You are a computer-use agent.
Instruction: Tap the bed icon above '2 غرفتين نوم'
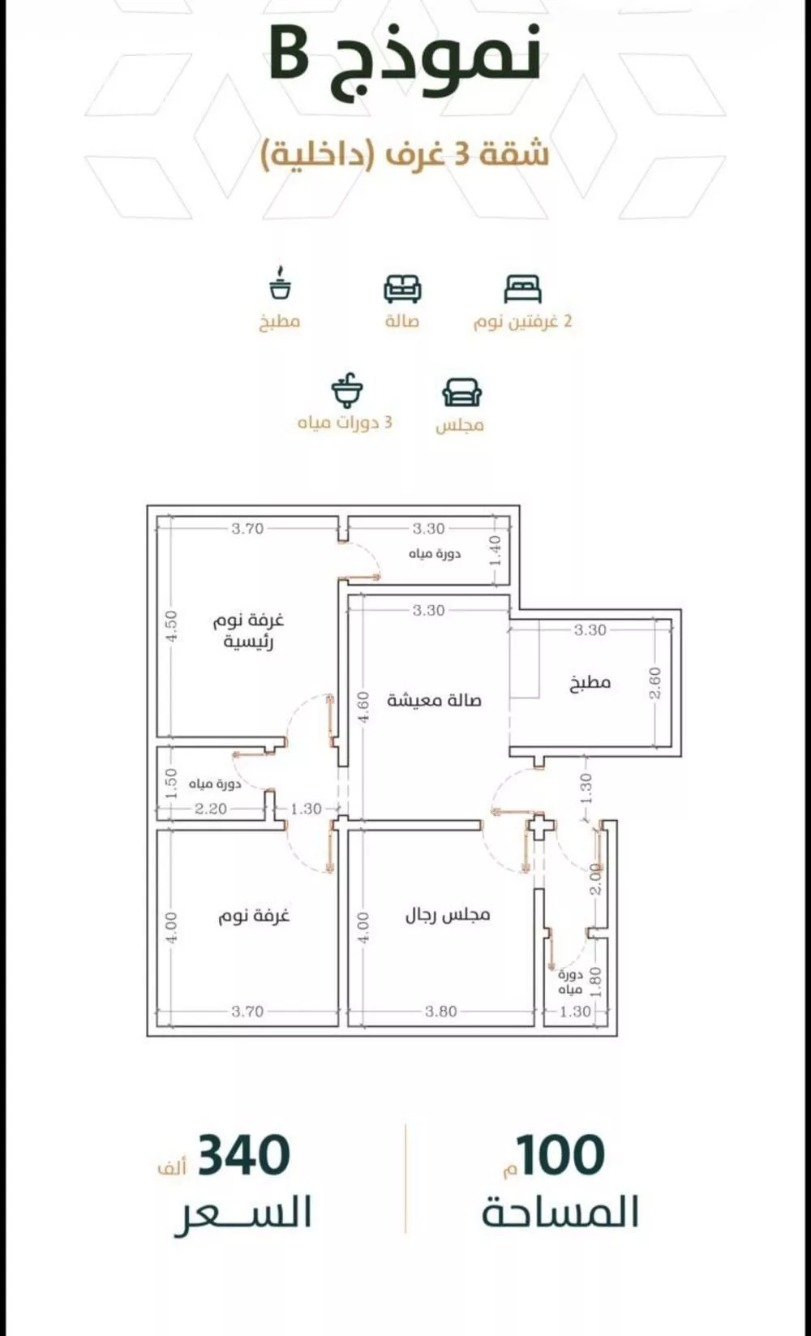pos(522,288)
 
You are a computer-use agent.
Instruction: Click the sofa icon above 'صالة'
pos(402,288)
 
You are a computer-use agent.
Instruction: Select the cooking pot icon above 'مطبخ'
pos(280,284)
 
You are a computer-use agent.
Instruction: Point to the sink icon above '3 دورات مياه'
pos(347,390)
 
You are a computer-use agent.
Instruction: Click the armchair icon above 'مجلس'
pos(461,392)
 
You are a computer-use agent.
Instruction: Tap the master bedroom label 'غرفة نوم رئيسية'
pos(249,631)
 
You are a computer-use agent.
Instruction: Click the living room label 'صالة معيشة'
pos(434,700)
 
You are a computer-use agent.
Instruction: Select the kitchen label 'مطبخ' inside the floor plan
pos(590,682)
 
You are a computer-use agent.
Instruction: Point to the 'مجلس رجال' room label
pos(448,915)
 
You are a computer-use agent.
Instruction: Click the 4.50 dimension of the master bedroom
pos(171,626)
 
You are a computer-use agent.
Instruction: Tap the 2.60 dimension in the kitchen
pos(656,682)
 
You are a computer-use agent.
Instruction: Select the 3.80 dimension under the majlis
pos(440,1012)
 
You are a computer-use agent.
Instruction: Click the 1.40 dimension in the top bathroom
pos(496,552)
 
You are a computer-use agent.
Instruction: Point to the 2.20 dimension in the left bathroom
pos(210,809)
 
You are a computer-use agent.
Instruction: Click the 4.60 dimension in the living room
pos(364,707)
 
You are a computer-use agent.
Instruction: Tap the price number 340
pos(243,1156)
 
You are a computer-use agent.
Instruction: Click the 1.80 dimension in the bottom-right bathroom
pos(596,982)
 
